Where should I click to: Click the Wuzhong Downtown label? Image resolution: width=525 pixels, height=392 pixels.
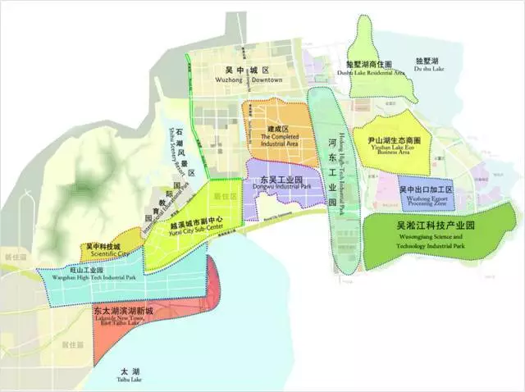253,80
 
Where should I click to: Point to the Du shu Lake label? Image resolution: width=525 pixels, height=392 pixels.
428,71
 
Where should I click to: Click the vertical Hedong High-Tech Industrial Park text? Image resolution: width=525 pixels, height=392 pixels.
343,176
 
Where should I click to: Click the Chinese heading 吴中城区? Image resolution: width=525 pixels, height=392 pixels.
253,69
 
